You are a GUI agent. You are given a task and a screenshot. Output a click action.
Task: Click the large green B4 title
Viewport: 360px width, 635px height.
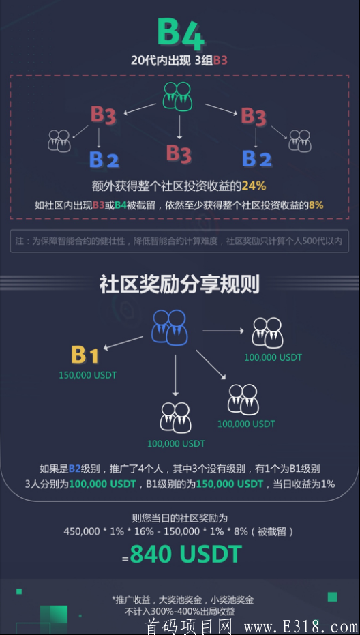point(180,33)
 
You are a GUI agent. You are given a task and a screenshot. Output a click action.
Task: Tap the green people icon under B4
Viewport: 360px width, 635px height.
point(177,96)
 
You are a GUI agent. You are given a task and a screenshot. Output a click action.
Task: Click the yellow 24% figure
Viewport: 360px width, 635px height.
point(254,186)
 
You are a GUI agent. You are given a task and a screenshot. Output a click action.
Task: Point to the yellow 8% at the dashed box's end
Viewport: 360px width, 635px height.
point(316,205)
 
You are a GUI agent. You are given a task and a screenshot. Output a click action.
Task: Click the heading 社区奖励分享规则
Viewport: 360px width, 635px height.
point(179,285)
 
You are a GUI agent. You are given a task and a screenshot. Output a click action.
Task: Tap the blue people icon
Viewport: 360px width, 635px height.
point(170,327)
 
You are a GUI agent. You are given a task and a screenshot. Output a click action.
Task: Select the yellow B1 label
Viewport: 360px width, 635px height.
point(85,355)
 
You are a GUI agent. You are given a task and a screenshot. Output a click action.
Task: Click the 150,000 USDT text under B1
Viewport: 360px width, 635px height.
point(87,375)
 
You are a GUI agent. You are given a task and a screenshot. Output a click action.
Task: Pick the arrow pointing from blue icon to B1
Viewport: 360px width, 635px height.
point(123,342)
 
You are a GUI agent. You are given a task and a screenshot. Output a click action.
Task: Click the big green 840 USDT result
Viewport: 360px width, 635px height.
point(186,554)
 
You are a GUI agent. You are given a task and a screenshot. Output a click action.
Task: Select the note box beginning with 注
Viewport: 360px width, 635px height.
point(179,241)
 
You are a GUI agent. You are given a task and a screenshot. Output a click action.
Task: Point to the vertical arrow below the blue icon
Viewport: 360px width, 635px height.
point(175,375)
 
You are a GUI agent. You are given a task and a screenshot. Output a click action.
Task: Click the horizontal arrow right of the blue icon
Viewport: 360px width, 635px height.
point(223,331)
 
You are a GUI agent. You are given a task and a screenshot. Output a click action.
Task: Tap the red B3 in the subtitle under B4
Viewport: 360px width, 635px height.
point(220,60)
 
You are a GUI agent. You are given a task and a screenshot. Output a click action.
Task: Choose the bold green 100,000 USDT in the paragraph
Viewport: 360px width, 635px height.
point(102,484)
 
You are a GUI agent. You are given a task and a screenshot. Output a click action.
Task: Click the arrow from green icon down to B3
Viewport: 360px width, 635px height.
point(179,128)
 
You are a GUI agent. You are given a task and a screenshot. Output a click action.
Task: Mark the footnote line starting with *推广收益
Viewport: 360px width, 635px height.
point(183,600)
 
